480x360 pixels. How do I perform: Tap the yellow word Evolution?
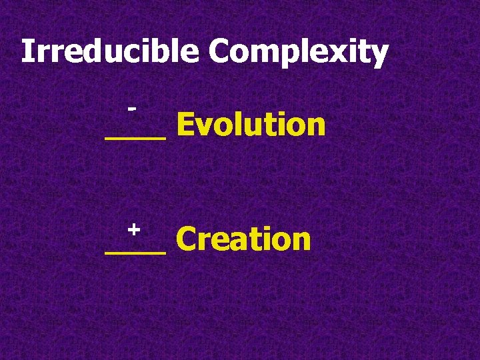pos(251,125)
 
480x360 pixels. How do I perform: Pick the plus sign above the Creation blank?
pos(133,229)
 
